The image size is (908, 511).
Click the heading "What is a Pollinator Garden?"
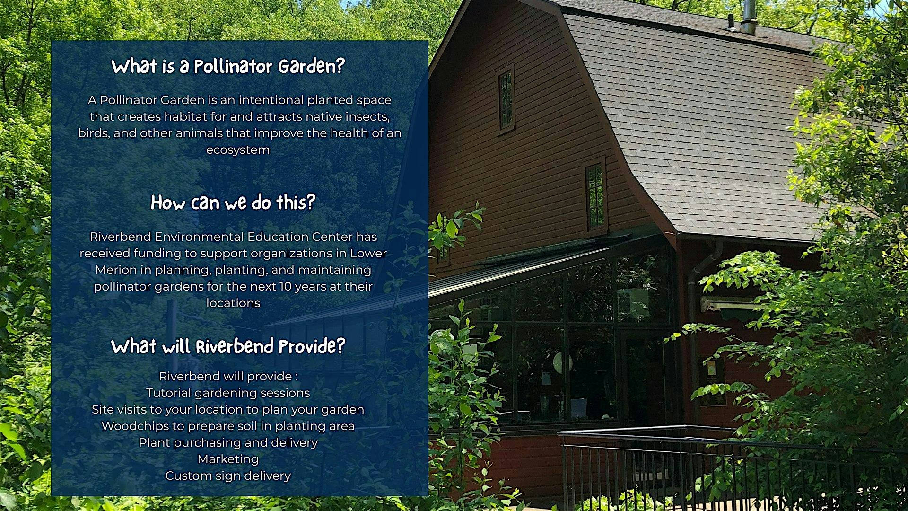pyautogui.click(x=228, y=67)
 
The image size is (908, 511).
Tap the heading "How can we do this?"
pyautogui.click(x=233, y=203)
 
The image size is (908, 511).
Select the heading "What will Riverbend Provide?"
pyautogui.click(x=228, y=346)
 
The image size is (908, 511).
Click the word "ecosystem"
pyautogui.click(x=238, y=150)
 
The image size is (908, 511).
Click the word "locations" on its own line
pyautogui.click(x=233, y=303)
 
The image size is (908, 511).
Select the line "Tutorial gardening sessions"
pyautogui.click(x=228, y=393)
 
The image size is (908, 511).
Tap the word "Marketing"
pyautogui.click(x=228, y=459)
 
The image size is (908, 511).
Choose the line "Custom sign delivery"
pyautogui.click(x=228, y=476)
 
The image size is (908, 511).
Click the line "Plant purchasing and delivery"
pyautogui.click(x=228, y=443)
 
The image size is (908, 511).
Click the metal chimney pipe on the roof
pyautogui.click(x=748, y=17)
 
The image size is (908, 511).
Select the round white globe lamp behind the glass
pyautogui.click(x=562, y=362)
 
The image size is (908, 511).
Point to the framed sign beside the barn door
pyautogui.click(x=712, y=381)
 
